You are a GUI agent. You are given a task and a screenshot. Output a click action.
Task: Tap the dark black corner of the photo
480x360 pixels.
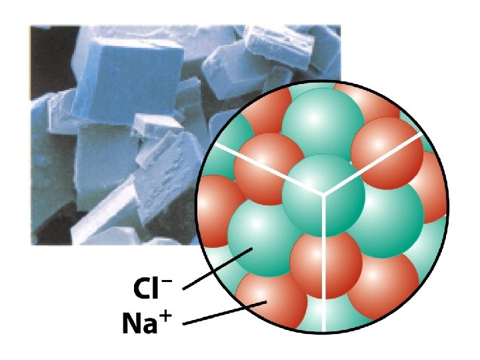tap(40, 40)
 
